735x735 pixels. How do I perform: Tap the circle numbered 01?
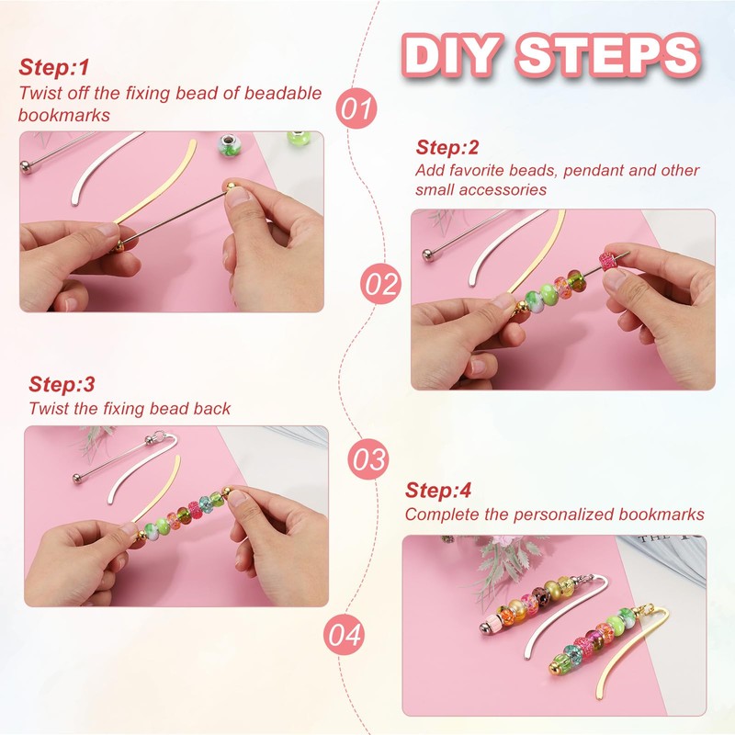click(x=356, y=108)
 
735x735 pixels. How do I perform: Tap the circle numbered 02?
click(x=381, y=283)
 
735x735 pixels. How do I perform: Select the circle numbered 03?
click(x=369, y=458)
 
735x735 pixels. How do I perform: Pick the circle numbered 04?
click(x=344, y=634)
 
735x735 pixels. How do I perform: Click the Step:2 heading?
click(x=447, y=148)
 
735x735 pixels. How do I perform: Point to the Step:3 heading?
click(x=62, y=384)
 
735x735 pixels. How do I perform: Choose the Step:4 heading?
click(x=438, y=491)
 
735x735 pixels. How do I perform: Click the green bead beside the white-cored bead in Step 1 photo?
click(x=298, y=140)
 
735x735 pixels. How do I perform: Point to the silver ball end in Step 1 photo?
click(x=25, y=166)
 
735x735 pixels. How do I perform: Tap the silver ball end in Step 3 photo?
click(x=78, y=478)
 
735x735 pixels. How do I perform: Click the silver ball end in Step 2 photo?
click(x=428, y=255)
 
